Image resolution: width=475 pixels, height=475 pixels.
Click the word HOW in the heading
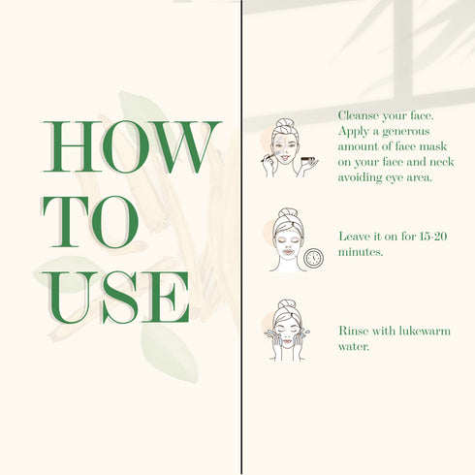[132, 146]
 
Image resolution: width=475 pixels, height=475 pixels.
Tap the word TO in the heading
[90, 222]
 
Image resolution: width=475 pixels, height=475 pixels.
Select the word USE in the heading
[115, 297]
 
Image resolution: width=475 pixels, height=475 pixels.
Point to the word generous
[406, 132]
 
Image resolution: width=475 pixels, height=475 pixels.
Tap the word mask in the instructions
[433, 146]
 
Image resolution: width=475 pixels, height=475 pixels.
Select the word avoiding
[360, 177]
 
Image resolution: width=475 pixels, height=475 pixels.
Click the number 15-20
[433, 237]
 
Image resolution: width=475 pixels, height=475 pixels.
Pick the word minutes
[361, 252]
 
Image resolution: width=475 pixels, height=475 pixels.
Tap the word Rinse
[353, 331]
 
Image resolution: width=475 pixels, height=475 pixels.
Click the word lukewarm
[425, 331]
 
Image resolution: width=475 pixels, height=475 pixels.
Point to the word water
[354, 347]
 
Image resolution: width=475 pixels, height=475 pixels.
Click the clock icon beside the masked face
[313, 258]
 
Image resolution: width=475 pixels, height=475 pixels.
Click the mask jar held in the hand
[308, 159]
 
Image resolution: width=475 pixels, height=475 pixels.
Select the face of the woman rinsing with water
[287, 332]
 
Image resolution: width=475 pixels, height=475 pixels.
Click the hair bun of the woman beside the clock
[288, 213]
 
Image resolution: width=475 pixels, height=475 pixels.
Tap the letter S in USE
[120, 298]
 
